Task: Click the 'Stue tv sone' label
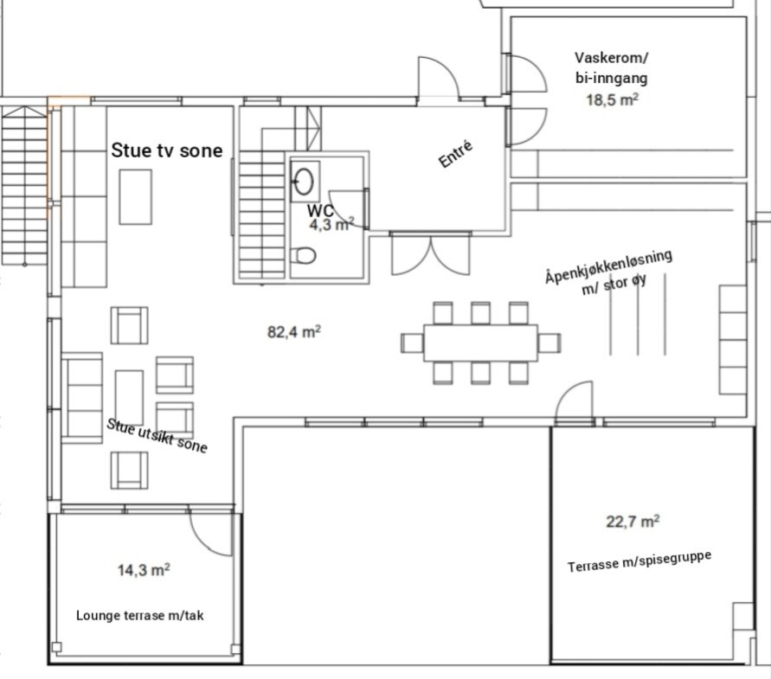pyautogui.click(x=167, y=151)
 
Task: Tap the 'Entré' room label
pyautogui.click(x=455, y=154)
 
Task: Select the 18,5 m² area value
pyautogui.click(x=612, y=99)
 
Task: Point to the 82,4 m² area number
pyautogui.click(x=294, y=332)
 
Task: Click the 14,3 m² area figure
pyautogui.click(x=144, y=570)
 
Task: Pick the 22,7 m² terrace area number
pyautogui.click(x=633, y=521)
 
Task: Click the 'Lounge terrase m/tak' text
pyautogui.click(x=139, y=616)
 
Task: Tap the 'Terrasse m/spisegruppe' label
pyautogui.click(x=639, y=561)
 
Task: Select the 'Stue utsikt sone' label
pyautogui.click(x=157, y=435)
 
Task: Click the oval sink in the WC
pyautogui.click(x=304, y=182)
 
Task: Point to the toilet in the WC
pyautogui.click(x=303, y=256)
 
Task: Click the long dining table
pyautogui.click(x=480, y=343)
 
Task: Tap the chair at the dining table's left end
pyautogui.click(x=412, y=343)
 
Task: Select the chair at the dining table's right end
pyautogui.click(x=549, y=343)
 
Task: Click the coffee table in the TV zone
pyautogui.click(x=136, y=197)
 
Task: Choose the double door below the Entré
pyautogui.click(x=431, y=253)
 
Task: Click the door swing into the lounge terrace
pyautogui.click(x=210, y=534)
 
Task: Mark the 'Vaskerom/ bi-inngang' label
pyautogui.click(x=612, y=67)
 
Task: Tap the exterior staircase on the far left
pyautogui.click(x=24, y=186)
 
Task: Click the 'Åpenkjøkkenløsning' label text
pyautogui.click(x=608, y=266)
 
